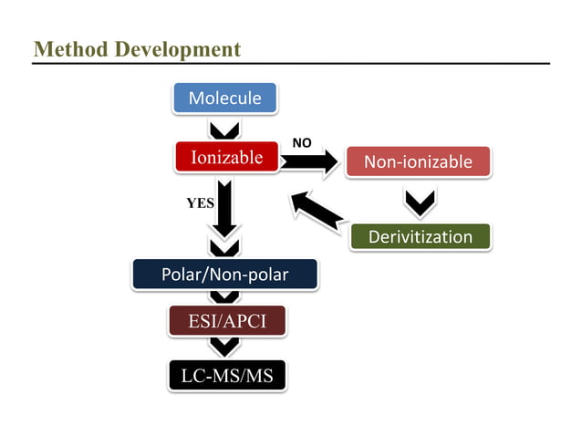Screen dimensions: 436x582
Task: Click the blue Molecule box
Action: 224,98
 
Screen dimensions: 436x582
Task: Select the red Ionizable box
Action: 225,157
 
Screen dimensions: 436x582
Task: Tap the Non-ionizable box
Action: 418,161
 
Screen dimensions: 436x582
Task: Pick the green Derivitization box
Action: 421,237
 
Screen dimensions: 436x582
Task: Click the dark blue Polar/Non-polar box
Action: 224,275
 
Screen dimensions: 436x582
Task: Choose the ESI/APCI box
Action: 226,321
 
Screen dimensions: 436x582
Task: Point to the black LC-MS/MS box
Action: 226,375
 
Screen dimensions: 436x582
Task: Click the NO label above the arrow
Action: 301,143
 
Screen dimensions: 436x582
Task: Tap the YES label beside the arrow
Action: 200,203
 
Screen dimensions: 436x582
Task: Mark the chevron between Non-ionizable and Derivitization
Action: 419,202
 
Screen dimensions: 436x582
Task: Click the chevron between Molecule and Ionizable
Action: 224,129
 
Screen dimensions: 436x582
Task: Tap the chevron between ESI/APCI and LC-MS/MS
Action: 224,347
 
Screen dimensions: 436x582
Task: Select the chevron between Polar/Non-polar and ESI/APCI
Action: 224,296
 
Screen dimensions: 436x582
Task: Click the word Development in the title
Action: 177,49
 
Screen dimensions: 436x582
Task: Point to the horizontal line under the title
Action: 291,64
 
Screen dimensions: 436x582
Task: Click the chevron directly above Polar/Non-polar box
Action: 224,247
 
